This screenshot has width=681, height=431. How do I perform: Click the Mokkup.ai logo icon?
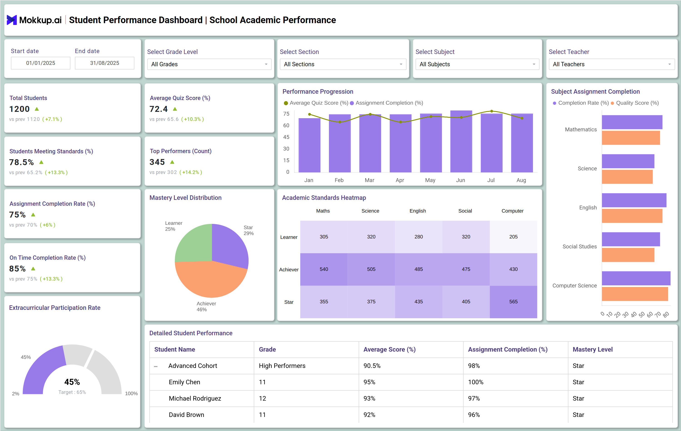coord(12,20)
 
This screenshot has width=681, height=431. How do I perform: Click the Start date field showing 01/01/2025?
coord(40,63)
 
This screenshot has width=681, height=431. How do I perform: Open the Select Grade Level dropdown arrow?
coord(266,64)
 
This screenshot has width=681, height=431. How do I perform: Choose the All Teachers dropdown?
coord(611,64)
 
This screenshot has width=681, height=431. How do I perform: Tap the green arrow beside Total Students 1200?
coord(37,109)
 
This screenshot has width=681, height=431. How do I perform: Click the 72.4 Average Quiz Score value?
coord(158,109)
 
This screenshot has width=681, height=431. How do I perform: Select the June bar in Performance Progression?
coord(461,141)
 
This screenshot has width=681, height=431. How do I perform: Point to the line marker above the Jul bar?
coord(491,111)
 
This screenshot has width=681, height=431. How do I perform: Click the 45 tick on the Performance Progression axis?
coord(286,137)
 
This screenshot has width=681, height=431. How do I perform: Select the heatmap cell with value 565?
coord(513,301)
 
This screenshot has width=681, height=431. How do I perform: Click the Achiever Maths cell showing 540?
coord(324,269)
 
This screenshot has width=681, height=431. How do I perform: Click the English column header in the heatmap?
coord(417,211)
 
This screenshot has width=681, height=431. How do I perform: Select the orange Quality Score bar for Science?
coord(627,177)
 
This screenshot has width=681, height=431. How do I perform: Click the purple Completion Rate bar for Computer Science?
coord(636,278)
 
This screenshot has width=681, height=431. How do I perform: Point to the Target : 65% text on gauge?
coord(72,392)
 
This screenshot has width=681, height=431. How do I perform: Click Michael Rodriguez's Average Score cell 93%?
coord(369,398)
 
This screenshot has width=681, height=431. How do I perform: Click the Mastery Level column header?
coord(592,349)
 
